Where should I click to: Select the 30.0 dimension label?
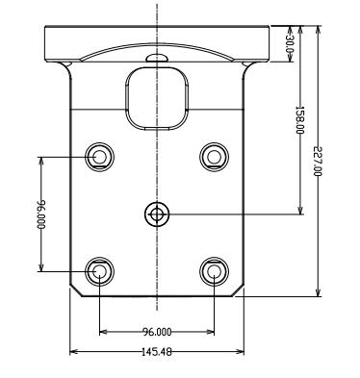tap(290, 44)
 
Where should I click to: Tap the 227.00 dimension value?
tap(318, 161)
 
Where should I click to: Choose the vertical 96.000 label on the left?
tap(41, 214)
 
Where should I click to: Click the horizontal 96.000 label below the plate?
tap(157, 331)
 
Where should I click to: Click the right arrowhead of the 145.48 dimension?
tap(240, 352)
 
